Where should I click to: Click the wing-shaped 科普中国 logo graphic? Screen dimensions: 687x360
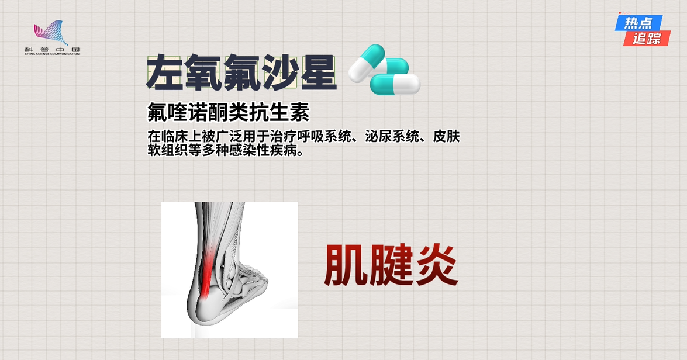[x=51, y=33]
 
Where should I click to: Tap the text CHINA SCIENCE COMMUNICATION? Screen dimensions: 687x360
[x=52, y=54]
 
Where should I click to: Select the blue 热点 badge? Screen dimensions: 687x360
[x=638, y=23]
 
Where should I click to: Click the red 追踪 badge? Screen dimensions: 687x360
[x=647, y=39]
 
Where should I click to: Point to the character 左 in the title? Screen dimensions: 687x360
[x=165, y=72]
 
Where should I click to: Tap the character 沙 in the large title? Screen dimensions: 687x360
[x=279, y=72]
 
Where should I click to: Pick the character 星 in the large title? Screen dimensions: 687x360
[x=317, y=72]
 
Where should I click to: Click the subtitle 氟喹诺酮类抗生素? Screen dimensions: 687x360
[x=228, y=112]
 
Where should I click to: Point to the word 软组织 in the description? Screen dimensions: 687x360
[x=168, y=150]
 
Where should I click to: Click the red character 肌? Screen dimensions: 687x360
[x=345, y=265]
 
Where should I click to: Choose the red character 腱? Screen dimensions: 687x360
[x=391, y=265]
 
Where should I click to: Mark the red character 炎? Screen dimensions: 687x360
[x=437, y=265]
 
